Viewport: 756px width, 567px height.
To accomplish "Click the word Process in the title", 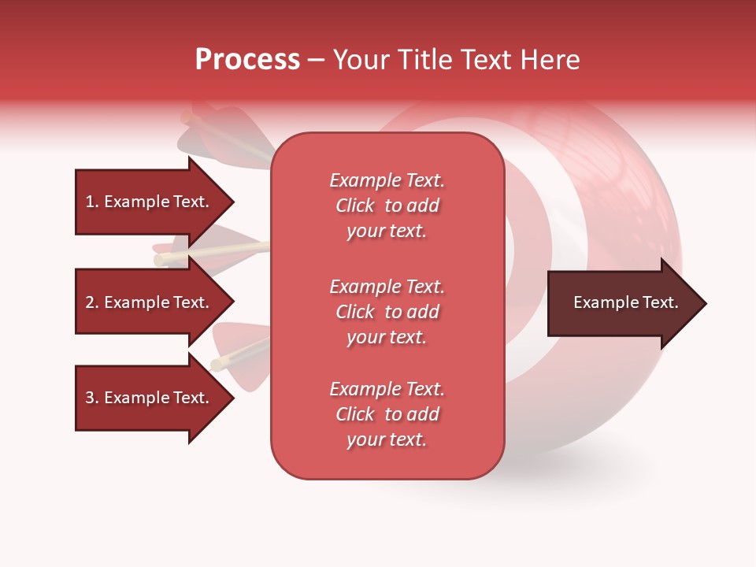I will (x=247, y=60).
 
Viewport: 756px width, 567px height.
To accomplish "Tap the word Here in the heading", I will (x=548, y=60).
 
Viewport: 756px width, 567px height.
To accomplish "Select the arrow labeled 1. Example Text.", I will (x=150, y=202).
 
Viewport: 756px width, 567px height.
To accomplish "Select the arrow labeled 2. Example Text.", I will (x=150, y=302).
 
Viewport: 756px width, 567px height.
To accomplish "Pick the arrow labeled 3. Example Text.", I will (x=150, y=398).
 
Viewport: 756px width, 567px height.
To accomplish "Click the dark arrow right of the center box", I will (x=622, y=302).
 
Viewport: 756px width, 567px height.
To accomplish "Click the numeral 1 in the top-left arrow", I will (x=90, y=202).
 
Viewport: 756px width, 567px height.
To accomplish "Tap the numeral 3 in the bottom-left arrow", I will (x=90, y=398).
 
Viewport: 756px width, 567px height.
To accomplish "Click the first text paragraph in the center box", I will (x=387, y=205).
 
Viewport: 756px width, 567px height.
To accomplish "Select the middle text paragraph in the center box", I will (x=387, y=311).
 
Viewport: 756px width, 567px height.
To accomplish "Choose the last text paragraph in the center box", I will (x=387, y=414).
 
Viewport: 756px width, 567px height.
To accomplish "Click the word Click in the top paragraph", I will (x=355, y=206).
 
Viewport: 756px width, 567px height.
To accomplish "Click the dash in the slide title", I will (x=316, y=61).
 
